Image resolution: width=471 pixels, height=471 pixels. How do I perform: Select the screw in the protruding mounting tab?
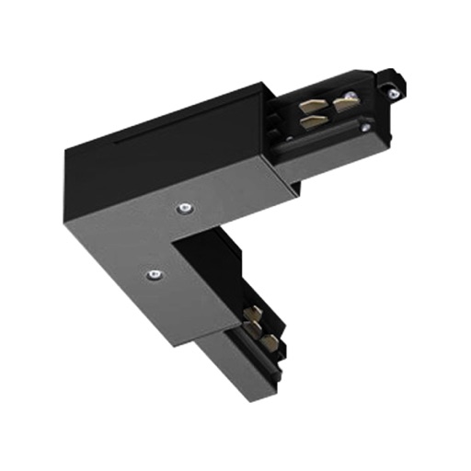coord(394,92)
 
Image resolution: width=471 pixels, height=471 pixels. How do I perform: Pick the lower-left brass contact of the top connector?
coord(311,125)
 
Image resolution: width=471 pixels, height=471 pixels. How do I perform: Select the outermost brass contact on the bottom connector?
coord(269,342)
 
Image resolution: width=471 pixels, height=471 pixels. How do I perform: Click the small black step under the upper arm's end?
coord(293,188)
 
